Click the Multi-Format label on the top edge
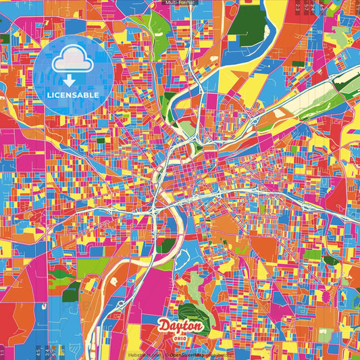[179, 3]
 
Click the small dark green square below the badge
[100, 140]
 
